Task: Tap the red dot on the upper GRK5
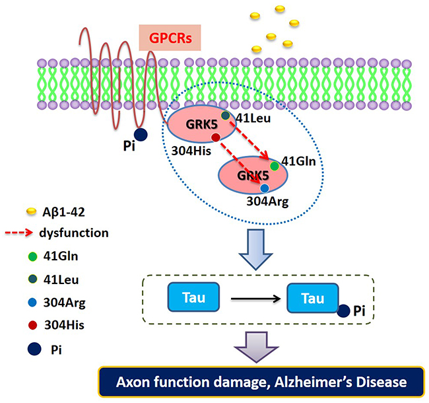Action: (216, 137)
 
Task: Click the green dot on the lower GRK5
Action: (274, 166)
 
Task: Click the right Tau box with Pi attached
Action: (312, 298)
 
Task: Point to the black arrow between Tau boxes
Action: (254, 299)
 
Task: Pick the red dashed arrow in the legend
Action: (28, 233)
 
